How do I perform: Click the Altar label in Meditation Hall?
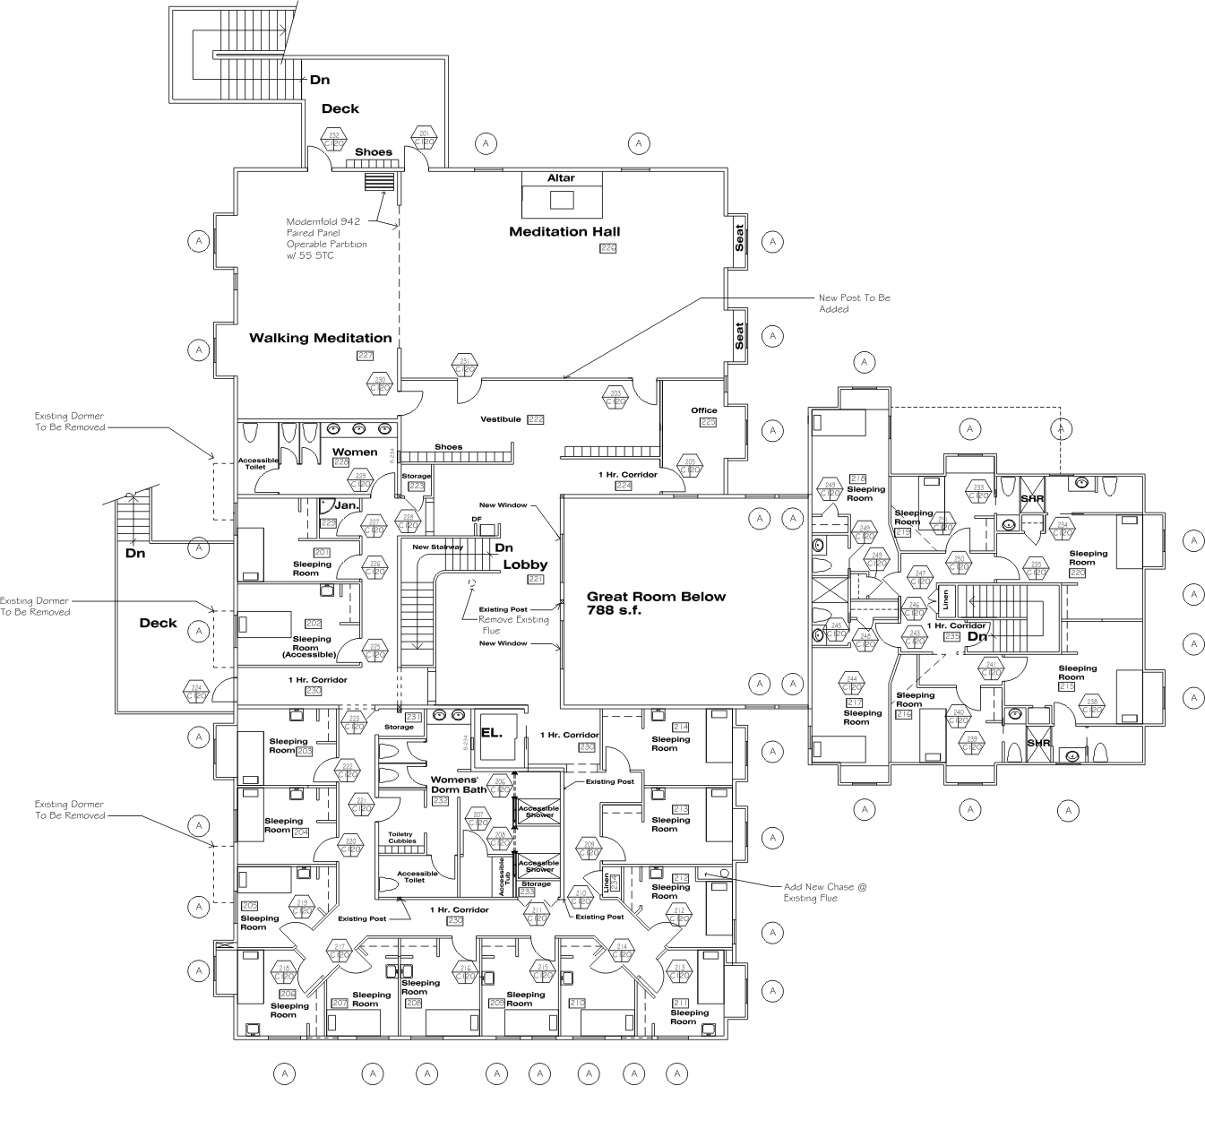click(561, 178)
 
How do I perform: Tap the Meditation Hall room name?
click(564, 232)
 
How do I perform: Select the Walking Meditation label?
click(320, 338)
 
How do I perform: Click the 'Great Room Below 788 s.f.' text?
click(656, 603)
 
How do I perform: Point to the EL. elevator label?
click(490, 732)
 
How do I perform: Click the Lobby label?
click(524, 564)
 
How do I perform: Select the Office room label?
click(703, 410)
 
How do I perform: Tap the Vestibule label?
click(500, 419)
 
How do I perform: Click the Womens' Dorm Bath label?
click(459, 784)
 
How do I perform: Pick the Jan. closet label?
click(346, 505)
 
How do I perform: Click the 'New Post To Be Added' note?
click(854, 303)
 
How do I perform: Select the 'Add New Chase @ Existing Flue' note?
click(825, 892)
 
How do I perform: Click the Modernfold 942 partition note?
click(326, 238)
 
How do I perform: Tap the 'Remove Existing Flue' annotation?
click(512, 625)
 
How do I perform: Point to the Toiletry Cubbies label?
click(401, 838)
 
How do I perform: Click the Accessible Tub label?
click(502, 876)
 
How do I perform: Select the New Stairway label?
click(438, 547)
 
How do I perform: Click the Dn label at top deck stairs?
click(320, 80)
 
